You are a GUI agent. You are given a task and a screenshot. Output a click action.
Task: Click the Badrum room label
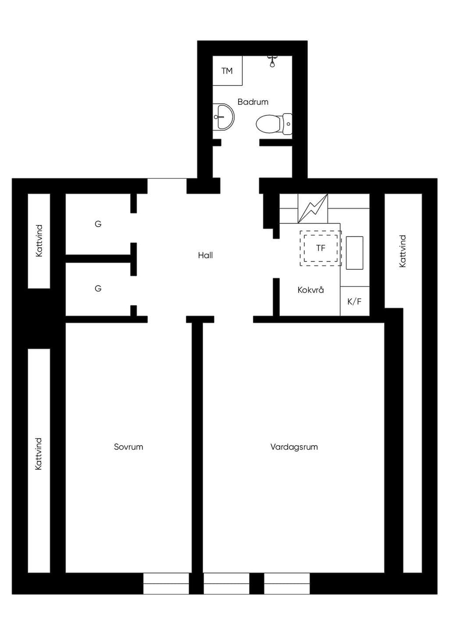253,102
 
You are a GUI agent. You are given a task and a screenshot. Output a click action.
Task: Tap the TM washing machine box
227,71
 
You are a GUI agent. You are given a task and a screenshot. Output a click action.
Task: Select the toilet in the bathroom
274,124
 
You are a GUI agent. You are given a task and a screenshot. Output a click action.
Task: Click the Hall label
205,255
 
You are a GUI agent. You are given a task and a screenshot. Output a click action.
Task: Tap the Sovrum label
128,447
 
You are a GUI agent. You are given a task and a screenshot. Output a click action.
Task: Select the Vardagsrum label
294,447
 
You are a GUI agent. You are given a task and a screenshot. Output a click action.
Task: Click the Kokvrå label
311,290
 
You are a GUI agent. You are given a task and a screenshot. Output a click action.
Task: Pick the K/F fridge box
355,301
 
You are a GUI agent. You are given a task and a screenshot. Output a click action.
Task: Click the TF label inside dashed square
321,248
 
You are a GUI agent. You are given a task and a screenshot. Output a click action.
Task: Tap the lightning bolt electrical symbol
313,208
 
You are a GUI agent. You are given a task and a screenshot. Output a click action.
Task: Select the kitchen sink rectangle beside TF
354,253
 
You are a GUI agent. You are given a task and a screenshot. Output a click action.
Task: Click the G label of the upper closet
98,224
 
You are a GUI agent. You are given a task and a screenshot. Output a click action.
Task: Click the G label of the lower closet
98,289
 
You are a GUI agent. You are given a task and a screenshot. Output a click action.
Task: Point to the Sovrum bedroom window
166,583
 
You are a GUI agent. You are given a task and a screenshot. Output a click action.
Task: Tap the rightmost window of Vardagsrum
287,583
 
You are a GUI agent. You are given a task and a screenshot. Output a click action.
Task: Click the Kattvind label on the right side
403,251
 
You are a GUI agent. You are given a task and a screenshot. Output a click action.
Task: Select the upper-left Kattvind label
39,241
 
